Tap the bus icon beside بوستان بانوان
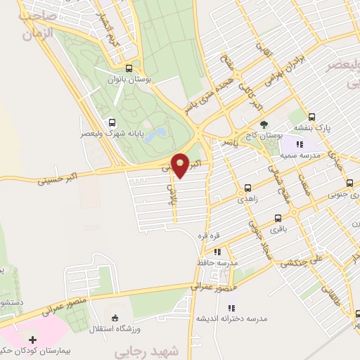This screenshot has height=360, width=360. [128, 69]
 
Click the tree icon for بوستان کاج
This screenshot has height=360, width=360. [264, 124]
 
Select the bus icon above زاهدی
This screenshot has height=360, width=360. [247, 188]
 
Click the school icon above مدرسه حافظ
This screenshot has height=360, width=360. [217, 251]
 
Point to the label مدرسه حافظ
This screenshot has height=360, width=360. [217, 262]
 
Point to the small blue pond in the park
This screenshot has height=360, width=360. [160, 132]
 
